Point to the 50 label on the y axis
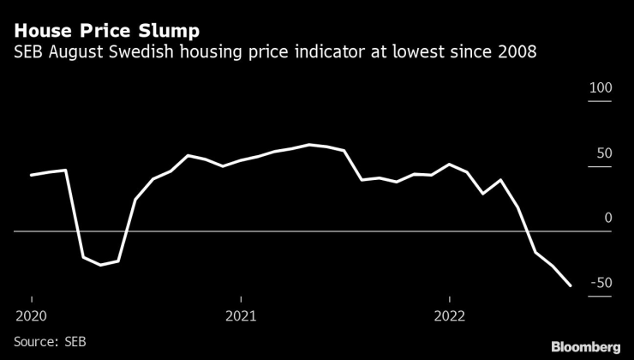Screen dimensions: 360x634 point(605,154)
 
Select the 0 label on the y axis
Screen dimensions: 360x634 point(608,219)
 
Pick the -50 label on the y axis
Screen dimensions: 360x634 point(602,284)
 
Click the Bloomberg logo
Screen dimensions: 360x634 point(585,346)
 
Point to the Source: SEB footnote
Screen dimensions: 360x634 point(50,341)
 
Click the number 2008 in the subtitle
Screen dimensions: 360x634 point(517,53)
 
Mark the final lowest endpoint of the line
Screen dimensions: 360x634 point(571,286)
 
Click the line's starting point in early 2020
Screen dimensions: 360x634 point(32,175)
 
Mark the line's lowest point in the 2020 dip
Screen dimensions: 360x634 point(101,265)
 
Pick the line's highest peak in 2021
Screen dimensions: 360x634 point(309,145)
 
